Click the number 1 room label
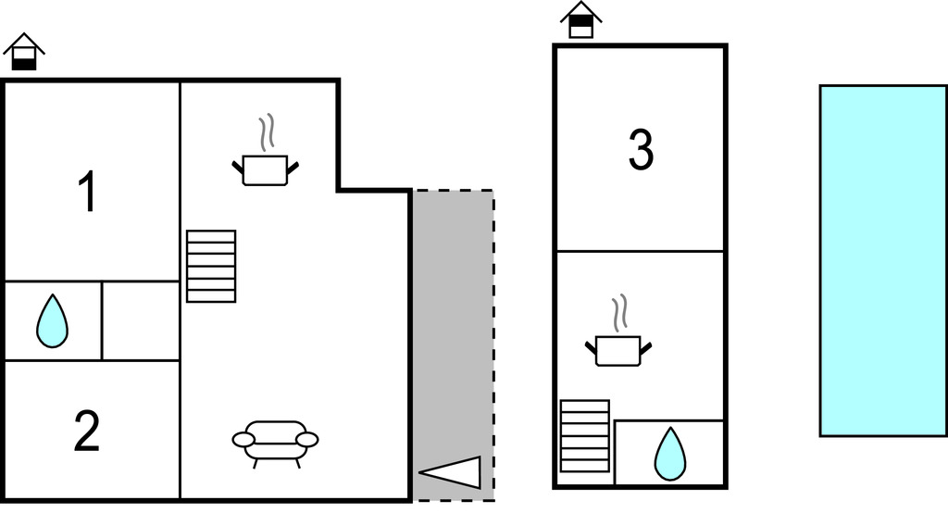(x=88, y=193)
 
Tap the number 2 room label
(x=86, y=432)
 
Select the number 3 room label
(x=641, y=150)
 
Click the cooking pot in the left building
(x=265, y=169)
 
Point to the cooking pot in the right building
(x=617, y=350)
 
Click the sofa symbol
(x=275, y=440)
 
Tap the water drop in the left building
(x=52, y=321)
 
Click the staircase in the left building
(x=211, y=266)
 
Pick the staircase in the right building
(x=585, y=436)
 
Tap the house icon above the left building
(x=24, y=53)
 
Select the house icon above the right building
(x=580, y=20)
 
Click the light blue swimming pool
(x=882, y=260)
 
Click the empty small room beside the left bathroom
(x=141, y=320)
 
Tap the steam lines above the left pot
(x=267, y=132)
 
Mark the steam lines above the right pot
(x=618, y=313)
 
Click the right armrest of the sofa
(x=308, y=439)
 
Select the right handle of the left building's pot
(x=293, y=167)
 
